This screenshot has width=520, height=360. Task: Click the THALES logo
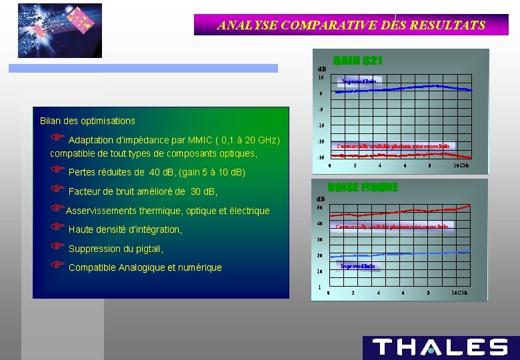click(440, 347)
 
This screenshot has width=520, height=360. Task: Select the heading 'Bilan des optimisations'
click(87, 121)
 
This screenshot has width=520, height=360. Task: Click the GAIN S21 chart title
click(357, 61)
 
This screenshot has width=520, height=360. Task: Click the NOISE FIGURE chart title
click(363, 187)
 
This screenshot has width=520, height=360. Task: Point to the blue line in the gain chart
click(400, 88)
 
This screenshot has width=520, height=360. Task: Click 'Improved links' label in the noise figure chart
click(357, 266)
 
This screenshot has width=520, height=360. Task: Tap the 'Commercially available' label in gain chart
click(393, 145)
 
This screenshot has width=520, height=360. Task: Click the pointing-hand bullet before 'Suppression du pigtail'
click(58, 248)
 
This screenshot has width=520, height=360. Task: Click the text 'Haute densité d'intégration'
click(125, 229)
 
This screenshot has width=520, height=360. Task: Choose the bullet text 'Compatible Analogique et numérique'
click(145, 267)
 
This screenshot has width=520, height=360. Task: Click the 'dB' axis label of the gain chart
click(321, 69)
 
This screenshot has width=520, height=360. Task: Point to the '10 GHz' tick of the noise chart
click(460, 293)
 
